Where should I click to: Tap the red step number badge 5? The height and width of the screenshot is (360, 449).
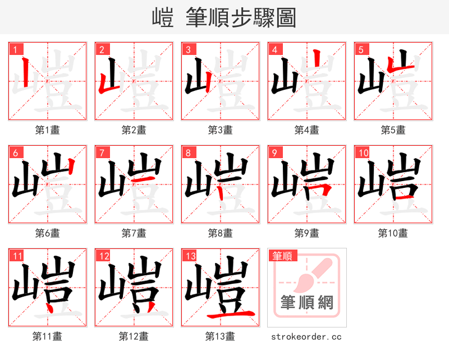[x=360, y=49]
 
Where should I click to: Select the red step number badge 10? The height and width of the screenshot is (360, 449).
[x=362, y=153]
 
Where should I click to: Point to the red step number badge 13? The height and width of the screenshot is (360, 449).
[x=190, y=256]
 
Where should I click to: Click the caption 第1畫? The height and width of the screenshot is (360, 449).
[x=48, y=130]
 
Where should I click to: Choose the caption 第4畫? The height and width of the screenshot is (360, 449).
[x=307, y=130]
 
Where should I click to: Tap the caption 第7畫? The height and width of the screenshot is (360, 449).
[x=134, y=233]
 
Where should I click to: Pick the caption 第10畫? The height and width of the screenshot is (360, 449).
[x=393, y=233]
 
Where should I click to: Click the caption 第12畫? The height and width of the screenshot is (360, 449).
[x=134, y=336]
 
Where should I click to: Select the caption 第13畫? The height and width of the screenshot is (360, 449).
[x=220, y=336]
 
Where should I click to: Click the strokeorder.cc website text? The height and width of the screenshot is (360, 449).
[x=306, y=337]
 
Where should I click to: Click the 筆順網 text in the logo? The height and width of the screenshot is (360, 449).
[x=306, y=303]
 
